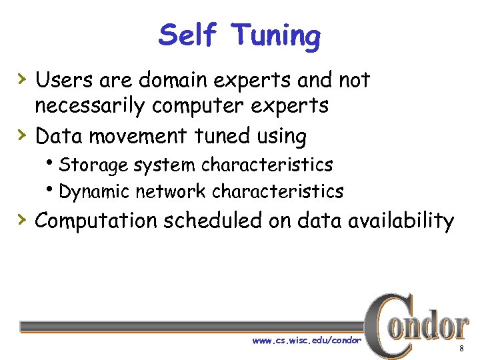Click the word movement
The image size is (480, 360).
(139, 136)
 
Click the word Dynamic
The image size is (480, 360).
(94, 192)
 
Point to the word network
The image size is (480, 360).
(171, 192)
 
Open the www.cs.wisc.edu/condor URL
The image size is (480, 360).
(307, 340)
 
